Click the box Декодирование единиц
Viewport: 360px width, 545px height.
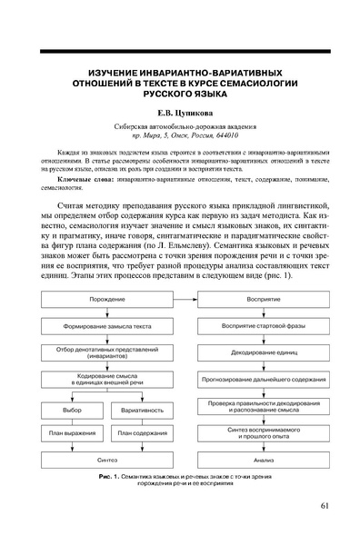pos(255,351)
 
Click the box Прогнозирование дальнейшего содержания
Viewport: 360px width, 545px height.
pos(255,375)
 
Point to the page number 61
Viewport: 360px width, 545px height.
pos(327,506)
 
